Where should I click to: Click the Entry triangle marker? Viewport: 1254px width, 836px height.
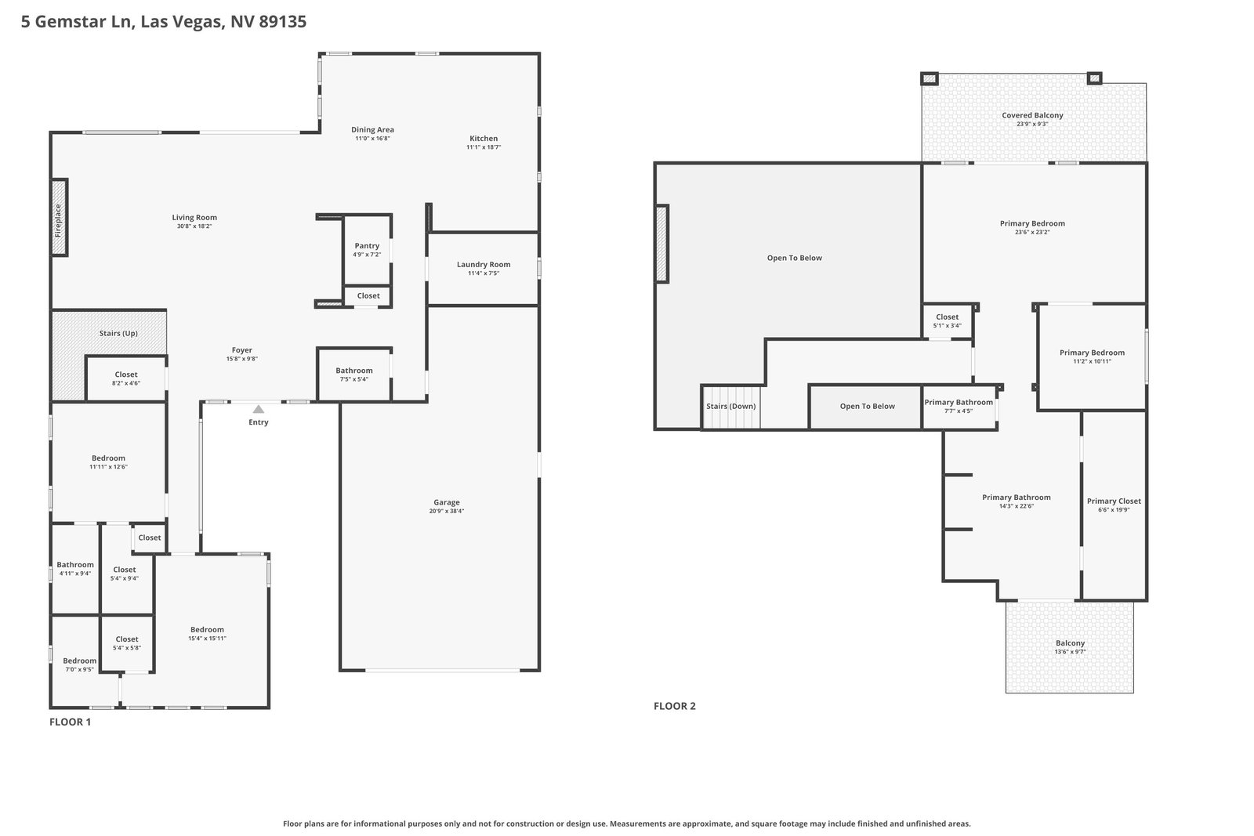coord(258,409)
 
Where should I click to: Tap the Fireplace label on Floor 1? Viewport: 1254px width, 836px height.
coord(58,220)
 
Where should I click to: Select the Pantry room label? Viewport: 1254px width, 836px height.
coord(367,246)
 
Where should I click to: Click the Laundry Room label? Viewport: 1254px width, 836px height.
coord(483,265)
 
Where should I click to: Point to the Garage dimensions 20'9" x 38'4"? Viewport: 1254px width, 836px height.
coord(446,511)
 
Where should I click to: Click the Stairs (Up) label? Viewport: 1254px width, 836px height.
coord(118,333)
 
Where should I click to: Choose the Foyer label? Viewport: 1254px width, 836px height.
coord(242,350)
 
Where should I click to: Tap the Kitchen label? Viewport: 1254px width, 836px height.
coord(483,138)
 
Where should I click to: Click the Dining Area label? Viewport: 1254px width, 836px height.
coord(372,130)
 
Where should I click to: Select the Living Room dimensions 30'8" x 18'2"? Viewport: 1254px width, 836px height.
coord(194,226)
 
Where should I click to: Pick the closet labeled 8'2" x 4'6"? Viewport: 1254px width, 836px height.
coord(126,378)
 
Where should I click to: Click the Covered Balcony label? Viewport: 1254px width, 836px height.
coord(1032,115)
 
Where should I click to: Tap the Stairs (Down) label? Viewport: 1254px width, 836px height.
coord(730,407)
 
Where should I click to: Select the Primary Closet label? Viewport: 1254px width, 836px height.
coord(1114,501)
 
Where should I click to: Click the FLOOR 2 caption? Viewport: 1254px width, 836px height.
coord(675,706)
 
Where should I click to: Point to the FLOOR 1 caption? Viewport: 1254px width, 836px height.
coord(70,722)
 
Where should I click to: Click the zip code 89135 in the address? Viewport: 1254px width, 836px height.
coord(283,21)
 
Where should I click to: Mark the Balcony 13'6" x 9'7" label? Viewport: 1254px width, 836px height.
coord(1070,647)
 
